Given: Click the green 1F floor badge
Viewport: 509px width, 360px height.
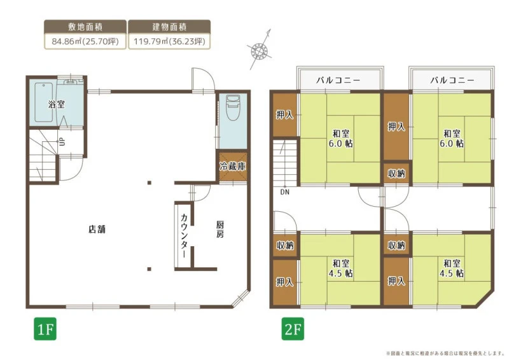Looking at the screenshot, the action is (x=45, y=329).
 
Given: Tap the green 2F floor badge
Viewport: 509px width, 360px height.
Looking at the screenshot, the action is (x=293, y=329).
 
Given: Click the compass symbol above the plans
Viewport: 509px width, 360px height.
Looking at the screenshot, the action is (x=260, y=50).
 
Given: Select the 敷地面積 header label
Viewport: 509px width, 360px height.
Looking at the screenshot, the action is (x=85, y=27).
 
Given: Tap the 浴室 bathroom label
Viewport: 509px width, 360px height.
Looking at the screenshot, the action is (x=57, y=104).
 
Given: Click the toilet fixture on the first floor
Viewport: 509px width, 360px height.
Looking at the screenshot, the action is (x=233, y=107).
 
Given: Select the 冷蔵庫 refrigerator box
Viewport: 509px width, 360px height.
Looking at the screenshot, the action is (x=233, y=167).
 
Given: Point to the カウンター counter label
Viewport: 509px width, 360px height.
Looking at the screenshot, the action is (x=184, y=236).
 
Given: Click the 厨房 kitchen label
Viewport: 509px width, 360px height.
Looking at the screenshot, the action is (x=220, y=230).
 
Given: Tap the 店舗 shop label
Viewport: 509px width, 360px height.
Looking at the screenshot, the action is (x=97, y=229).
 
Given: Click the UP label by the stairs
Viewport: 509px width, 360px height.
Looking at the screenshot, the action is (x=62, y=142).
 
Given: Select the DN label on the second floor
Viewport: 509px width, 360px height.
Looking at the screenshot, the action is (x=284, y=192).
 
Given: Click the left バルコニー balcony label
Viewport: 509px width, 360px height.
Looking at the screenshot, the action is (x=338, y=80).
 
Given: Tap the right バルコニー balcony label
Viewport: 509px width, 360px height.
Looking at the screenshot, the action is (x=452, y=80).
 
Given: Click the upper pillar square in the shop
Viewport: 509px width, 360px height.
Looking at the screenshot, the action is (x=150, y=183).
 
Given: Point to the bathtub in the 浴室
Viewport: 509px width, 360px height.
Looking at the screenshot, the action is (x=44, y=102).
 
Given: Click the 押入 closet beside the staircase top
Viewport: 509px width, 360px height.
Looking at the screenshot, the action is (x=284, y=114).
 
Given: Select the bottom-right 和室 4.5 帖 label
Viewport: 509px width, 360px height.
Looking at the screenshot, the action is (x=452, y=268).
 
